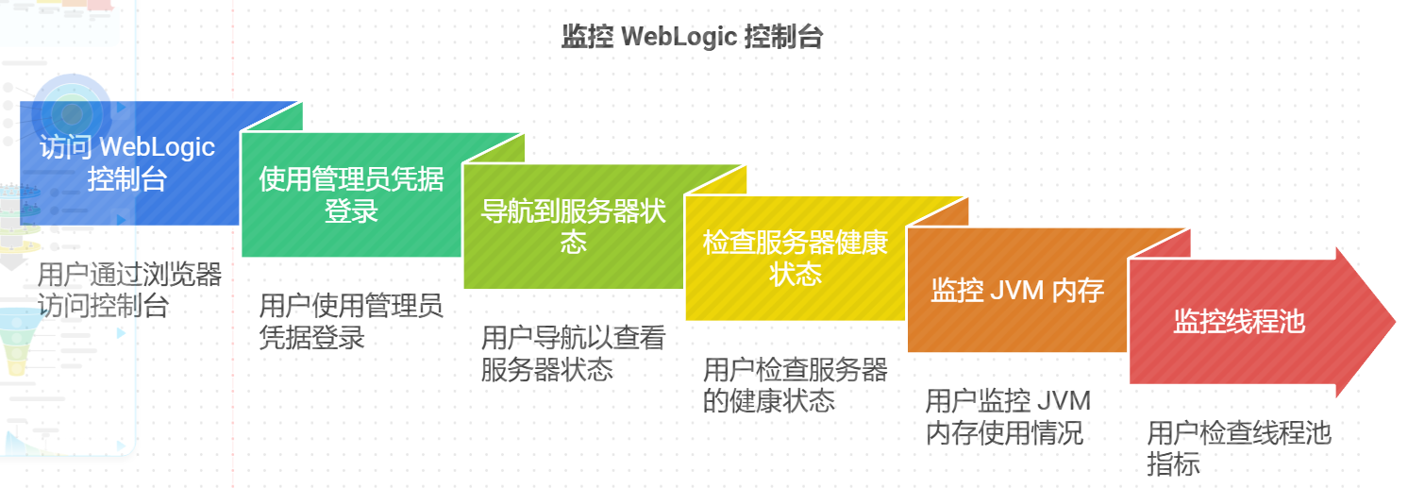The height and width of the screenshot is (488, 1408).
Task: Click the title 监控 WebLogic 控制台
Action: coord(692,37)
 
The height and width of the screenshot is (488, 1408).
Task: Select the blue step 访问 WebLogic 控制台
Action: coord(129,163)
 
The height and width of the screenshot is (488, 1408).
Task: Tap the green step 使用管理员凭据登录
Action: coord(351,194)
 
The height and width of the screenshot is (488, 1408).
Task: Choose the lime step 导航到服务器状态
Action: coord(573,227)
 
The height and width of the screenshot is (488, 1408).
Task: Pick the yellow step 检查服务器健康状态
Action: coord(796,258)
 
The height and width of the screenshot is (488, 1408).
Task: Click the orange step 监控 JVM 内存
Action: coord(1017,290)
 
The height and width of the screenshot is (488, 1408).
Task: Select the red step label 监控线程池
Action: coord(1239,321)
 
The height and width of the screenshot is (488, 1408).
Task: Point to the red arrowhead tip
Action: coord(1395,321)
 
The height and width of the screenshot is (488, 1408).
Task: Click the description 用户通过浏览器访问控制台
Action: coord(129,291)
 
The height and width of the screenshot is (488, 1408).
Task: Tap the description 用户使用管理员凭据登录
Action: coord(351,322)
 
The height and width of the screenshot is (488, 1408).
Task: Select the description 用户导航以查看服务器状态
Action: coord(573,353)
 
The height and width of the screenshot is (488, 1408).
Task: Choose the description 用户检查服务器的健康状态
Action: coord(796,385)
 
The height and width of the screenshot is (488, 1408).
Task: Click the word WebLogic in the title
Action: coord(679,37)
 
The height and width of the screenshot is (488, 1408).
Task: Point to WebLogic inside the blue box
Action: coord(158,147)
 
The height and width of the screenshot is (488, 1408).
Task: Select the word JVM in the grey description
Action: coord(1063,401)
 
